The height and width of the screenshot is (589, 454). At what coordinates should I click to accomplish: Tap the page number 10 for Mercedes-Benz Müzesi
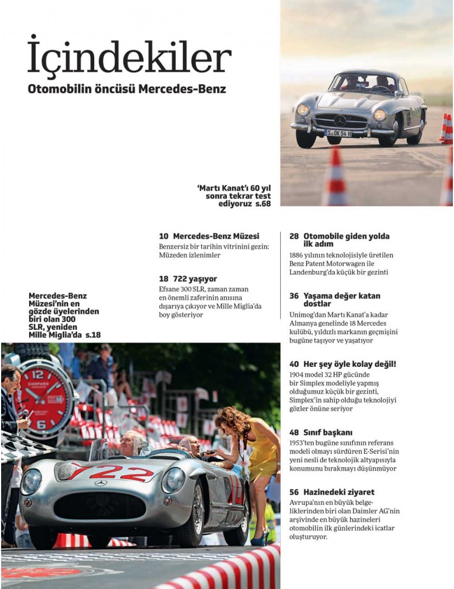tap(164, 237)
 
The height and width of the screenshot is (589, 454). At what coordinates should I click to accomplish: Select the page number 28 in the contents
tap(294, 236)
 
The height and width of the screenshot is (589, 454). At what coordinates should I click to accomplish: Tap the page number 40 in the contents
tap(294, 364)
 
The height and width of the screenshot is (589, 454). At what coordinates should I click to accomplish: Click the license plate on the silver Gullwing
tap(338, 133)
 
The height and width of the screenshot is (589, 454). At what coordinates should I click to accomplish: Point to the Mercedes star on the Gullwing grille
tap(340, 120)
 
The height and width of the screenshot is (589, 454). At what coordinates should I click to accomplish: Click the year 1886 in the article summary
tap(297, 255)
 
